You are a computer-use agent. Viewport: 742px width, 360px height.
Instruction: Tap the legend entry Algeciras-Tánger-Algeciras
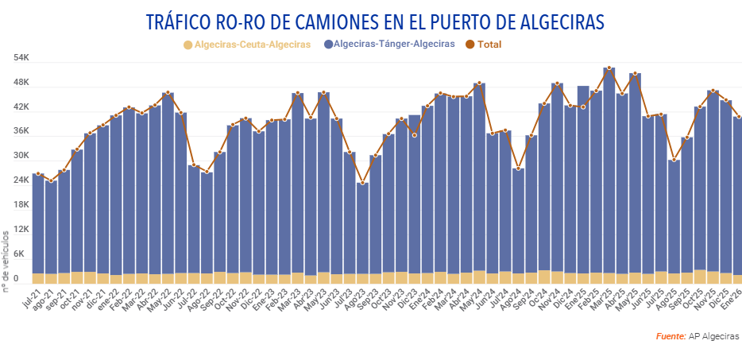tap(394, 45)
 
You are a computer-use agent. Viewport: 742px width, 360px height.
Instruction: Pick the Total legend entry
tap(489, 45)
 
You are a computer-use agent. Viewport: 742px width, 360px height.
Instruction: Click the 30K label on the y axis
tap(21, 156)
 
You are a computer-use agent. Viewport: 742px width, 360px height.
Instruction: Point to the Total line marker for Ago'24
tap(518, 168)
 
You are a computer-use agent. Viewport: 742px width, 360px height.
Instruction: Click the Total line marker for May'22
tap(168, 94)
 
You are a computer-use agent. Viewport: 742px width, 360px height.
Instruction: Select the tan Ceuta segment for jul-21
tap(38, 278)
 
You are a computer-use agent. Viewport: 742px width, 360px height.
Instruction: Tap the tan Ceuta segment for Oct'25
tap(700, 277)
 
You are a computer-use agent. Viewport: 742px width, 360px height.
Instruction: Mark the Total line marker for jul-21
tap(38, 174)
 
